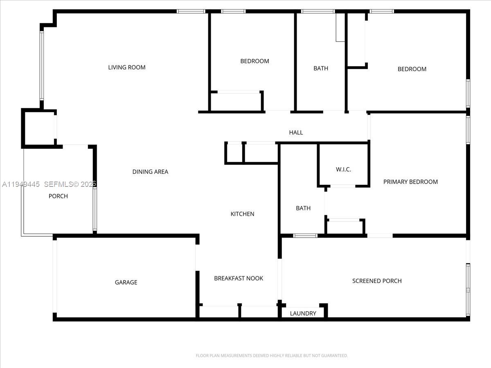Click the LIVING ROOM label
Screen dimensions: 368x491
coord(126,67)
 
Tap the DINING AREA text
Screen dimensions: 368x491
coord(150,172)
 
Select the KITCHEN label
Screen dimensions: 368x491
coord(242,214)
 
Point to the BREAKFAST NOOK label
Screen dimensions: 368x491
coord(239,278)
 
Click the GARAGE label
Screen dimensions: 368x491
coord(126,282)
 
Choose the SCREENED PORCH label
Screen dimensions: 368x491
coord(377,281)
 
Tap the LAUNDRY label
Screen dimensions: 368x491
coord(303,313)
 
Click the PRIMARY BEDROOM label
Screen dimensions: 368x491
coord(410,182)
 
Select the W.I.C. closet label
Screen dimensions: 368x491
coord(343,169)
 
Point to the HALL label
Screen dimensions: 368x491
coord(296,132)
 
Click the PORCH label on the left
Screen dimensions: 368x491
coord(58,196)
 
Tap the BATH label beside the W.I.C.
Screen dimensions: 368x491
coord(303,208)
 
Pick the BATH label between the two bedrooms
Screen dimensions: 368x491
coord(321,68)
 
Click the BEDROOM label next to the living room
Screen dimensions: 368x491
coord(255,61)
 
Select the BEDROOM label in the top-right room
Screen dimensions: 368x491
coord(412,69)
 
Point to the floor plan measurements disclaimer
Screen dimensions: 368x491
coord(272,356)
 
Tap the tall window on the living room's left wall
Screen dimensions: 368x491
coord(41,65)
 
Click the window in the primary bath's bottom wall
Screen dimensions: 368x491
coord(305,236)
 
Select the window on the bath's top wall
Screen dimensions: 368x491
coord(318,11)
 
